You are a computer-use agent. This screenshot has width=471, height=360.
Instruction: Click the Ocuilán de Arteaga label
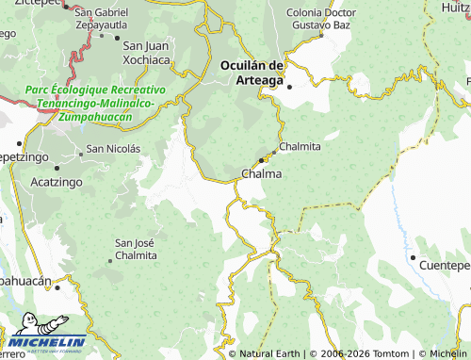click(x=252, y=72)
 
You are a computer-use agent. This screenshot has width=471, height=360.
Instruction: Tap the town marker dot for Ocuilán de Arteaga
click(x=290, y=87)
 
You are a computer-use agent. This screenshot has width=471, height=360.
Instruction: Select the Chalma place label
click(x=261, y=174)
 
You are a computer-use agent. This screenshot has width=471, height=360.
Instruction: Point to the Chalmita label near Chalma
click(x=300, y=147)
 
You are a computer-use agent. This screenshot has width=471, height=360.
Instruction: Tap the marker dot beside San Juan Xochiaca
click(x=116, y=38)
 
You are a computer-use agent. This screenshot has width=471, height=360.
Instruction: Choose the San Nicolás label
click(x=113, y=148)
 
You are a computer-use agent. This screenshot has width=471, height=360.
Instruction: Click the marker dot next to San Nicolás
click(x=81, y=149)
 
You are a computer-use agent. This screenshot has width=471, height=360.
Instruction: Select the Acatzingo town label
click(x=58, y=180)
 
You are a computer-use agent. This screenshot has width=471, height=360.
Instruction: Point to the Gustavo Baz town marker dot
click(x=320, y=35)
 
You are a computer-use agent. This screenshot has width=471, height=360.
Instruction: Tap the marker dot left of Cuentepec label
click(x=412, y=257)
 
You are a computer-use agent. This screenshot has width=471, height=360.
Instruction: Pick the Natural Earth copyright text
click(x=269, y=353)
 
